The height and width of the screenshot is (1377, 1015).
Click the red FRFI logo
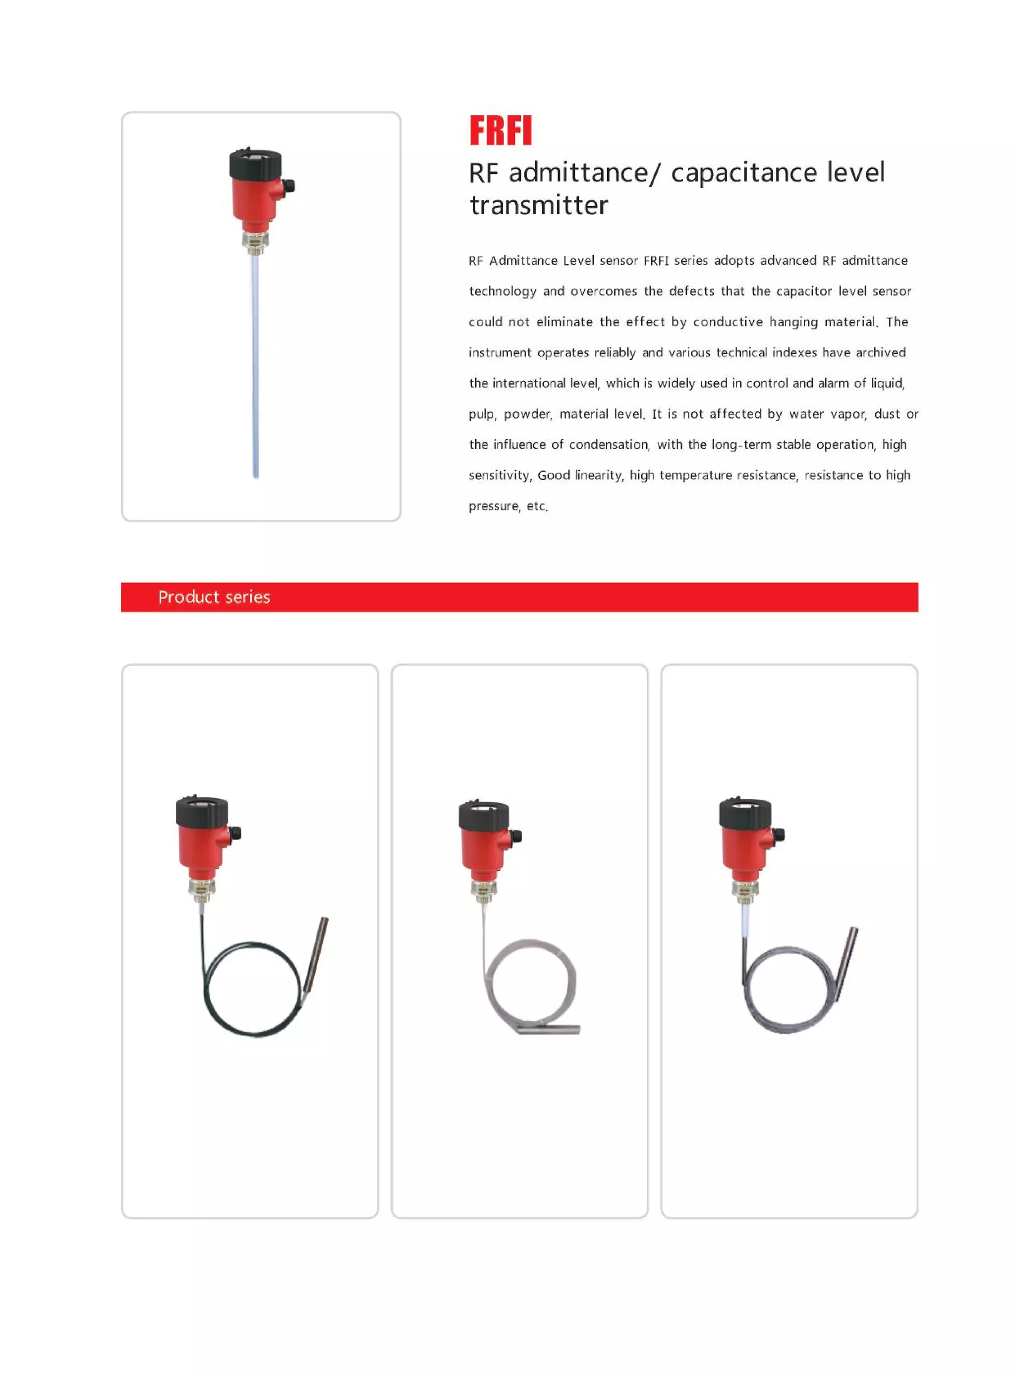click(x=500, y=130)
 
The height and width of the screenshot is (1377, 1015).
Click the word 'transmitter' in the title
click(x=539, y=205)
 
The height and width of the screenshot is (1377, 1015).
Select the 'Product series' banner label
click(x=214, y=597)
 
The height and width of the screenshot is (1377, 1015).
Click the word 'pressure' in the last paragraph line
click(x=494, y=506)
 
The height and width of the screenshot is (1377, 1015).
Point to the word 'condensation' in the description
click(x=608, y=444)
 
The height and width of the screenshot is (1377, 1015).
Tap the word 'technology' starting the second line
click(x=503, y=291)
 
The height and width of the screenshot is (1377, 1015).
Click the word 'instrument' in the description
click(x=500, y=352)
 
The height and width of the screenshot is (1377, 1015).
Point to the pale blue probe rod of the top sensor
click(x=256, y=369)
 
